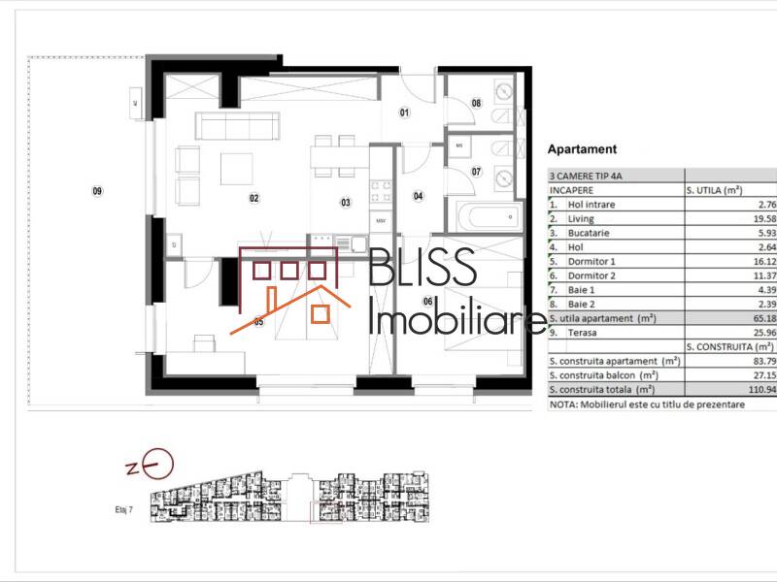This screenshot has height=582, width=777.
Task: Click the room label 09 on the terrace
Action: tap(97, 191)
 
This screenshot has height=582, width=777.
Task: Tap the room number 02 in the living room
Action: tap(254, 199)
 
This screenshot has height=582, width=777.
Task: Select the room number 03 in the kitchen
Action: tap(345, 203)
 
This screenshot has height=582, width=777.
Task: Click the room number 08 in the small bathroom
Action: tap(477, 103)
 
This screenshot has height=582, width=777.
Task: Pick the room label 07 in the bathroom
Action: tap(477, 172)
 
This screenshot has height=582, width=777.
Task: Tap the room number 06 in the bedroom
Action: tap(427, 302)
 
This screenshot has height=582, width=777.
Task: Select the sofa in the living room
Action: tap(238, 126)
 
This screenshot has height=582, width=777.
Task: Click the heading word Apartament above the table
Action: tap(583, 150)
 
